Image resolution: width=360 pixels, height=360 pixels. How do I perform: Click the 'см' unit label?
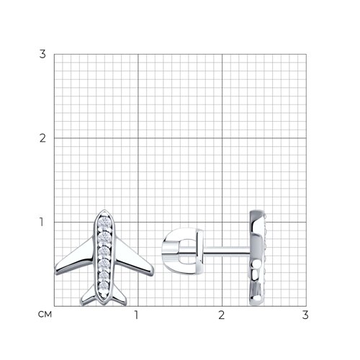click(x=45, y=315)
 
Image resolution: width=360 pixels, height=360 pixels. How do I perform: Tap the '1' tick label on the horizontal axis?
click(x=136, y=315)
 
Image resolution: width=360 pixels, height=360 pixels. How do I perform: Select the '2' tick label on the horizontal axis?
click(x=221, y=315)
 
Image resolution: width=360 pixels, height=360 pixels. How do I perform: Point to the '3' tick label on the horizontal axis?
click(x=305, y=315)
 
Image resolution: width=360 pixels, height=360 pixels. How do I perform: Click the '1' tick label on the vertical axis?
click(x=42, y=222)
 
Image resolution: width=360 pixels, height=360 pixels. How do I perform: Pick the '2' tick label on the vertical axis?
click(x=42, y=138)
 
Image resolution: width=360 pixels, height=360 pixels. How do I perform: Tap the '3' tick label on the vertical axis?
click(x=42, y=54)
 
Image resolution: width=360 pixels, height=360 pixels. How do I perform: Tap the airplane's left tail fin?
click(x=89, y=297)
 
